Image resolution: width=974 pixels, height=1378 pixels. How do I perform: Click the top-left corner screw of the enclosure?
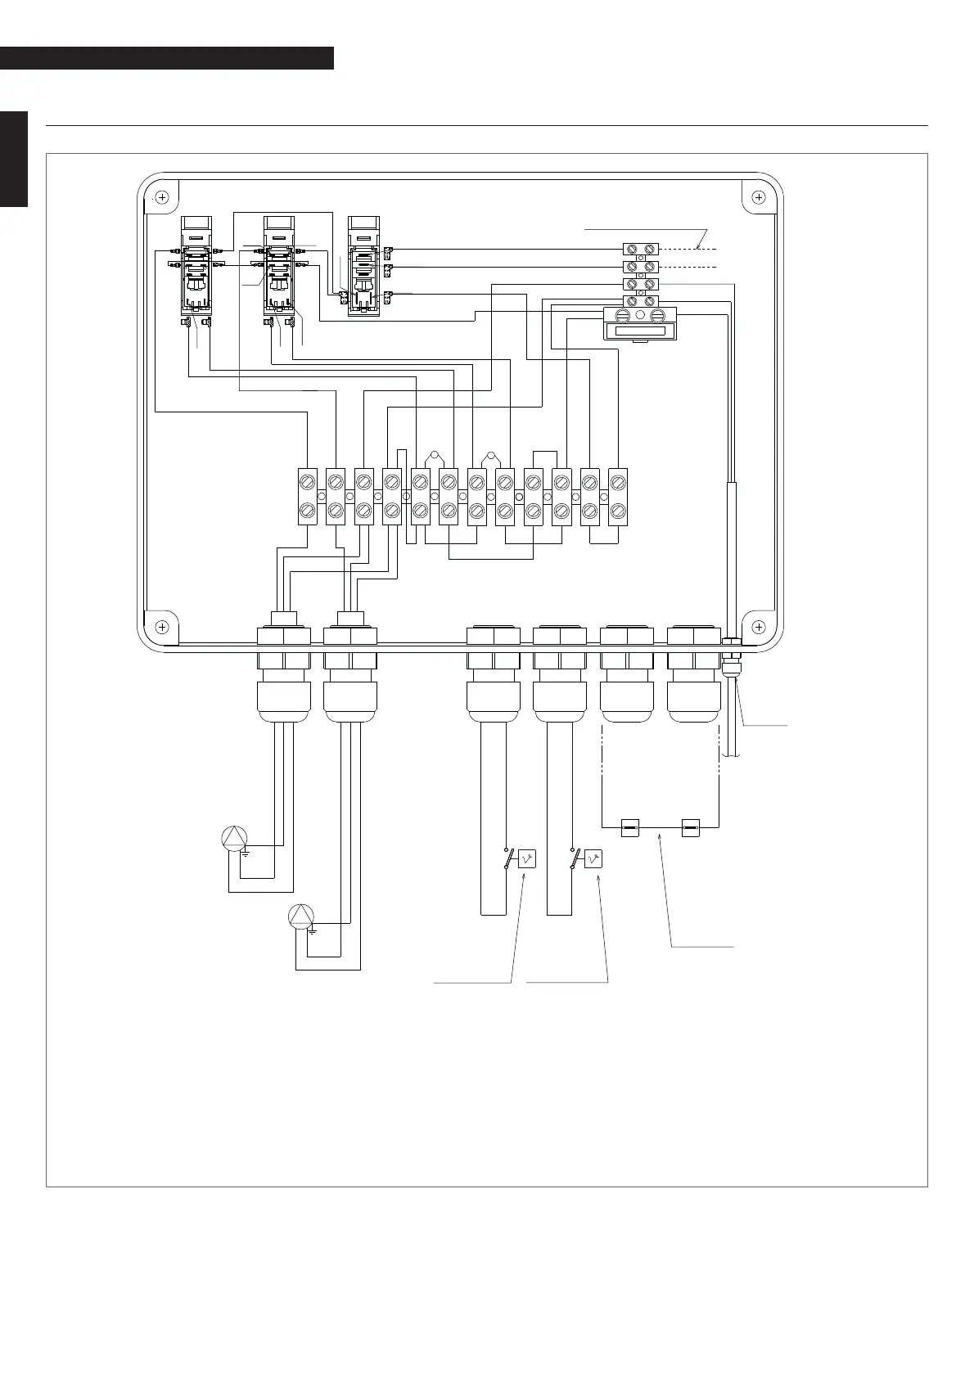point(162,197)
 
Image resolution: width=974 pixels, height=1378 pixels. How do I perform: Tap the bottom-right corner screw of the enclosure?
point(759,627)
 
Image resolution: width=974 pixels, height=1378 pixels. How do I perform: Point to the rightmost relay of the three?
point(363,267)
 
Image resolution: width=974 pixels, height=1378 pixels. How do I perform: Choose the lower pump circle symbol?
point(301,916)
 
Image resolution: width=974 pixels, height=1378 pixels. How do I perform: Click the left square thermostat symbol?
point(528,858)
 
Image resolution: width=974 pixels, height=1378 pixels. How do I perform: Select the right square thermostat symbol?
point(593,858)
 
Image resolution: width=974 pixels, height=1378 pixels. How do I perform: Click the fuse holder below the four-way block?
point(640,322)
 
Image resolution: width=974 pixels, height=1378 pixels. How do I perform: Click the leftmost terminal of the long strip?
point(308,496)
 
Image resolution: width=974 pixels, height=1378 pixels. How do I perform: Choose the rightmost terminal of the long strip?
point(617,496)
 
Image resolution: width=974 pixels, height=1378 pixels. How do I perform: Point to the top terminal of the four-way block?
point(640,248)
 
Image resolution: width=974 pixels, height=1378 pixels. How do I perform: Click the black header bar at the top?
point(167,58)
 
